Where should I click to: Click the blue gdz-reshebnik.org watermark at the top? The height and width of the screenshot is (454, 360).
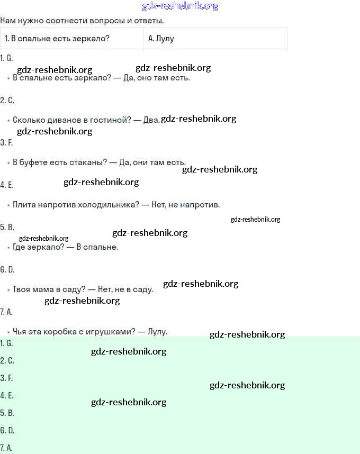tap(180, 6)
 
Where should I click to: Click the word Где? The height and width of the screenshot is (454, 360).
tap(20, 247)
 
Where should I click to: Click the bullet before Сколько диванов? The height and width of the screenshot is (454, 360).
tap(8, 121)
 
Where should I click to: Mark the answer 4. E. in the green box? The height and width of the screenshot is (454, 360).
tap(7, 395)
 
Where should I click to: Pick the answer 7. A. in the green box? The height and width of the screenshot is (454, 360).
tap(7, 448)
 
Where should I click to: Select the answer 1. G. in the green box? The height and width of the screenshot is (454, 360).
tap(7, 343)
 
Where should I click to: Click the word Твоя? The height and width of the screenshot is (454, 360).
tap(22, 289)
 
